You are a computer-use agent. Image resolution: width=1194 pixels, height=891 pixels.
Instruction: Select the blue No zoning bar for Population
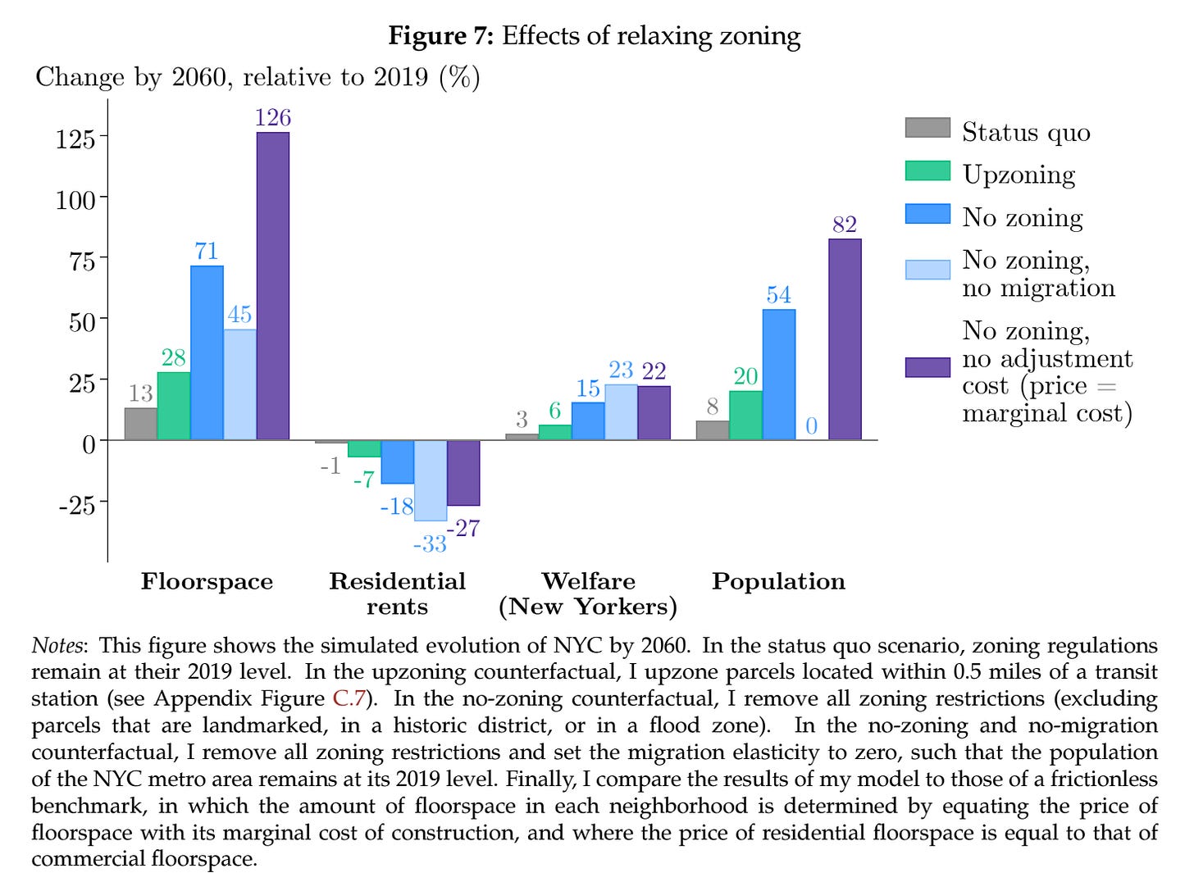coord(778,375)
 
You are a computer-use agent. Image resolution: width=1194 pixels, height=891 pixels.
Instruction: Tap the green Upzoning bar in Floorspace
coord(174,406)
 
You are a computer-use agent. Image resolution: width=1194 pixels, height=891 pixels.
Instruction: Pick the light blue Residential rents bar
coord(431,480)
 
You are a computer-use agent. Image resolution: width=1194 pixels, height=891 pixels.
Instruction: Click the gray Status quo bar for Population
coord(712,430)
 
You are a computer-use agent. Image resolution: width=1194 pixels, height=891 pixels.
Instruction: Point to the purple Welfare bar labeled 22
coord(654,413)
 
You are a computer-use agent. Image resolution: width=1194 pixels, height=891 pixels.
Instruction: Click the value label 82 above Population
coord(844,225)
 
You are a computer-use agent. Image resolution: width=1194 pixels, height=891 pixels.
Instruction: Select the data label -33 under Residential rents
coord(429,543)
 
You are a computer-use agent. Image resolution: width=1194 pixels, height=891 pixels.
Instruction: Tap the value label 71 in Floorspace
coord(207,251)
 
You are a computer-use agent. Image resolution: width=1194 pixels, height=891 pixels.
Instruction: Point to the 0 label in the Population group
coord(811,426)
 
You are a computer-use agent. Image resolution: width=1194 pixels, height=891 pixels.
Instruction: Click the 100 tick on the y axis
coord(75,199)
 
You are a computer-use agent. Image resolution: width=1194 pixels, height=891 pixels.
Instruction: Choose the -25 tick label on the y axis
coord(76,505)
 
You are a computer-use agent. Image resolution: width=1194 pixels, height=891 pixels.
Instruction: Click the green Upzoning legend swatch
coord(927,171)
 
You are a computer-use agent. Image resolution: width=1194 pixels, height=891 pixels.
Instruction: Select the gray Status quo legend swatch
coord(927,129)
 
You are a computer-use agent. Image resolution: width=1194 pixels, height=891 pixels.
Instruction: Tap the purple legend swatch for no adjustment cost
coord(927,366)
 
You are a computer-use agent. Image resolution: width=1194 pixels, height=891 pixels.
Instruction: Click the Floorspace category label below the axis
coord(207,581)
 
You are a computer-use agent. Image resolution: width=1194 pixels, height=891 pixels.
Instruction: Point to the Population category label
coord(778,581)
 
